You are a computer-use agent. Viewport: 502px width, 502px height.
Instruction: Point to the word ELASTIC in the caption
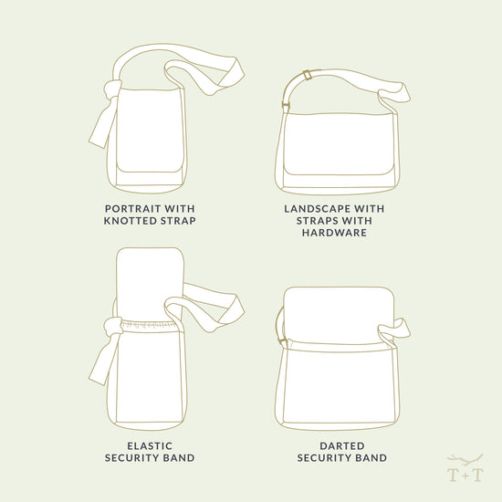150,445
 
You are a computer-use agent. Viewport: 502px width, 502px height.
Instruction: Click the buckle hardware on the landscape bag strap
308,76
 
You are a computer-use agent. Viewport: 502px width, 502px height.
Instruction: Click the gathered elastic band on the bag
149,321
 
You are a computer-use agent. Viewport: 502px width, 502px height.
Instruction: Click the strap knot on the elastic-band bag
112,326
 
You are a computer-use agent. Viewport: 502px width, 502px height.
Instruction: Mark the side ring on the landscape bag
285,109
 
